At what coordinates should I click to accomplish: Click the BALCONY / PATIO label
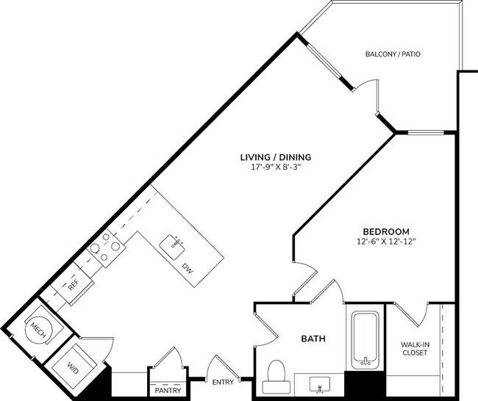tap(393, 54)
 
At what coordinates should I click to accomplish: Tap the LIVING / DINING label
tap(276, 156)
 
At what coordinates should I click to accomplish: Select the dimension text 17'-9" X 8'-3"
tap(276, 167)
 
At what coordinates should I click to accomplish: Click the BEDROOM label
tap(385, 231)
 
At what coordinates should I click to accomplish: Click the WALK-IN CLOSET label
tap(415, 348)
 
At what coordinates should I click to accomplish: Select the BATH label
tap(313, 339)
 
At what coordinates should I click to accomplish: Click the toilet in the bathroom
tap(274, 372)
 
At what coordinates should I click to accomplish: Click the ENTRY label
tap(223, 382)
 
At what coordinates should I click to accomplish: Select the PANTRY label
tap(168, 390)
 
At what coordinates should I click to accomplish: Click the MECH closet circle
tap(38, 333)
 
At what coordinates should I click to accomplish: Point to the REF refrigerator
tap(73, 285)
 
